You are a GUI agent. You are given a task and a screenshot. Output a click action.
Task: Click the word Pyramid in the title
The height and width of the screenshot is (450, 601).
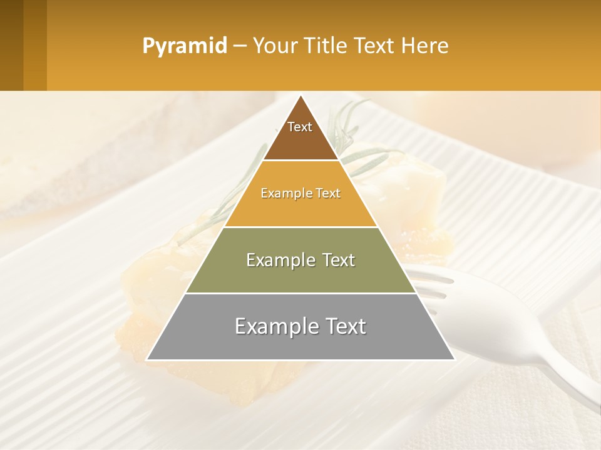click(184, 46)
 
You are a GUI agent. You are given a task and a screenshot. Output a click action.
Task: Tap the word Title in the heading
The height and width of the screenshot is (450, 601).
click(331, 46)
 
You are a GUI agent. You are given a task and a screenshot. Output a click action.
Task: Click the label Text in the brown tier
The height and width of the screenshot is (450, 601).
click(300, 127)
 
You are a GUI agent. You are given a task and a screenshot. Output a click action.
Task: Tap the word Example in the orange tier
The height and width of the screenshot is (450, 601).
click(281, 194)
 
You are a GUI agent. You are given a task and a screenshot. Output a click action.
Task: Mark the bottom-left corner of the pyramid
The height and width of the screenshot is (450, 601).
click(148, 359)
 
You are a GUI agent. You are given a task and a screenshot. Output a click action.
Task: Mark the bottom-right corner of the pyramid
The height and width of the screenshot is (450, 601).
click(454, 359)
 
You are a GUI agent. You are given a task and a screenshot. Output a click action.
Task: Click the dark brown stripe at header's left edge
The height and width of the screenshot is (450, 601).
click(11, 45)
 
